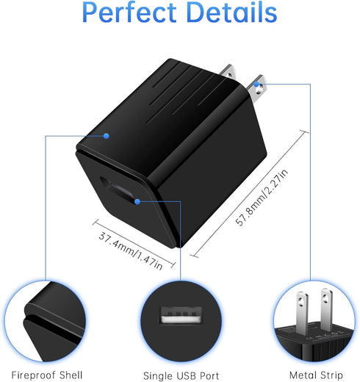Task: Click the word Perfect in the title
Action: [129, 12]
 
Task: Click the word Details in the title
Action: [231, 12]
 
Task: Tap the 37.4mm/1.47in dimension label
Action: [131, 251]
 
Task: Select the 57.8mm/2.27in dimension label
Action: [262, 197]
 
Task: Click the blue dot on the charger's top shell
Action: [106, 136]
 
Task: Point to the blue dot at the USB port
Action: [137, 202]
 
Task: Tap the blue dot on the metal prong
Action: [256, 84]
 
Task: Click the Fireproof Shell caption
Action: [47, 375]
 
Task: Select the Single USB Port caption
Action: [181, 375]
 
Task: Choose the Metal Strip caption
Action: [316, 375]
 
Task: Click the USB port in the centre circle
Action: [181, 315]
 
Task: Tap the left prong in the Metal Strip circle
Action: [302, 313]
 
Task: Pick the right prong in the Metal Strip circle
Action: [327, 309]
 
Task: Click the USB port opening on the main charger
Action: [117, 189]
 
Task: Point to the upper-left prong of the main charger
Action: [228, 72]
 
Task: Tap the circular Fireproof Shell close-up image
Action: [45, 321]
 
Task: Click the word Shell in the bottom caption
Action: [71, 375]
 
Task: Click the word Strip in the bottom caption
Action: [330, 375]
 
